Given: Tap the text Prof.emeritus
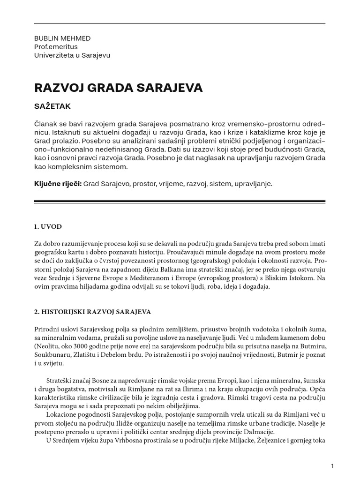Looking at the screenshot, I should [55, 47].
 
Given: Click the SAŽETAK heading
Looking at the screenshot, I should [52, 106].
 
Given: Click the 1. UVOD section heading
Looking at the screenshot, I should [48, 227].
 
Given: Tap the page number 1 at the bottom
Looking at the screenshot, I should [332, 466].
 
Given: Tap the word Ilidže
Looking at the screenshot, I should [120, 423].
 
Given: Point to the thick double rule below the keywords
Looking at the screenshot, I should [180, 202].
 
